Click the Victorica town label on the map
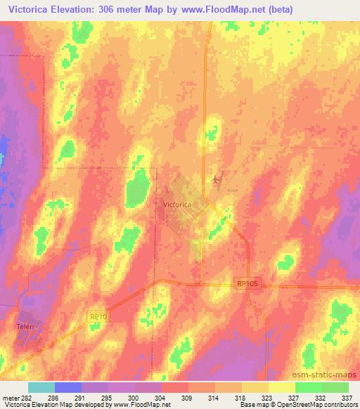[177, 204]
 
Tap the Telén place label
[26, 327]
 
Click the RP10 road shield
[97, 317]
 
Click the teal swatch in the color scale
[41, 387]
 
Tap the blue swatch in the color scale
[68, 387]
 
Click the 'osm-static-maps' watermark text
[328, 376]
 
